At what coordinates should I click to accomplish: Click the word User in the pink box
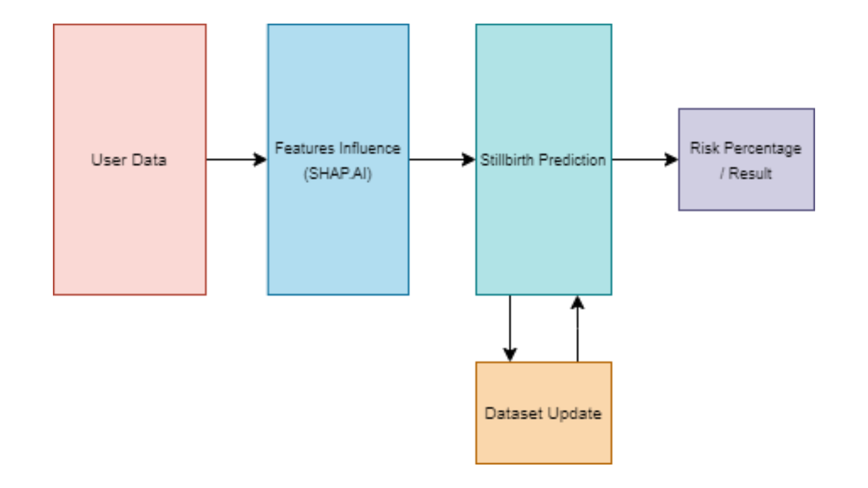click(108, 160)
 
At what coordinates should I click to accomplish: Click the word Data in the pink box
click(149, 160)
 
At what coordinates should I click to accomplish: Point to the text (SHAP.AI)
click(338, 174)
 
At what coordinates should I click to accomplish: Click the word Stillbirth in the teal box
click(507, 160)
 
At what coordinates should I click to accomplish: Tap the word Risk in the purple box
click(704, 148)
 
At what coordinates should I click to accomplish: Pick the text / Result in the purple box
click(746, 174)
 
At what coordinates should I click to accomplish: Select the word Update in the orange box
click(574, 413)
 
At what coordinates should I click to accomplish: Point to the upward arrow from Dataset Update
click(577, 334)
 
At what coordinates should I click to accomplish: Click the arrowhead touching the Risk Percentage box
click(671, 160)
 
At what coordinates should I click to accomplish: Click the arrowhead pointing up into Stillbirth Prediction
click(577, 303)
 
